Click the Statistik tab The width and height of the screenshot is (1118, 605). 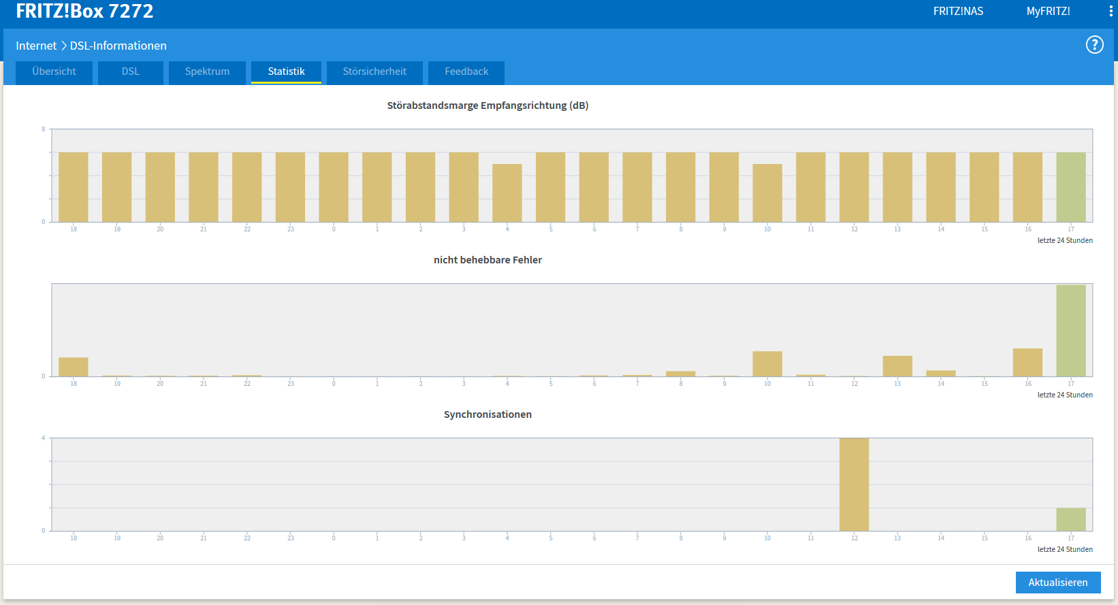(286, 72)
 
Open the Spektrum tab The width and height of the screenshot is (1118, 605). (207, 72)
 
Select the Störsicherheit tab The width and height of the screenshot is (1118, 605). (374, 72)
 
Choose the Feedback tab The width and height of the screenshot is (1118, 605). (466, 72)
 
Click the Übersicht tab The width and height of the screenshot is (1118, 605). (54, 72)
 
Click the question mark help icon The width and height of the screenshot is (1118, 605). (1095, 45)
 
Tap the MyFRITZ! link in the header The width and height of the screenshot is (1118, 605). (1048, 12)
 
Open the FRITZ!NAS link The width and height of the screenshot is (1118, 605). (958, 12)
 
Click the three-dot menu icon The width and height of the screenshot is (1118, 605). (1111, 12)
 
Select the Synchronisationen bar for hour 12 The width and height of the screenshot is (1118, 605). (854, 485)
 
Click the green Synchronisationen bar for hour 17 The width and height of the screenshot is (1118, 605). (1071, 519)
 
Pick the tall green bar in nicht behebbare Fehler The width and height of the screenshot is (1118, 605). (1071, 331)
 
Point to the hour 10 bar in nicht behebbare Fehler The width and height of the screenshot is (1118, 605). (767, 363)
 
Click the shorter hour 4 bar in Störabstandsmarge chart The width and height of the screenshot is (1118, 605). (507, 193)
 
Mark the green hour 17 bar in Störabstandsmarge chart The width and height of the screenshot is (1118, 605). (1071, 187)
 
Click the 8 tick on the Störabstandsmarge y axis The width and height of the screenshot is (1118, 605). (44, 129)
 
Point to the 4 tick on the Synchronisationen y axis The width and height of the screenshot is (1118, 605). (44, 438)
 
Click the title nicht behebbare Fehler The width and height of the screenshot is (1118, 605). (488, 260)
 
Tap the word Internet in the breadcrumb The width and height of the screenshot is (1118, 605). (36, 46)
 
